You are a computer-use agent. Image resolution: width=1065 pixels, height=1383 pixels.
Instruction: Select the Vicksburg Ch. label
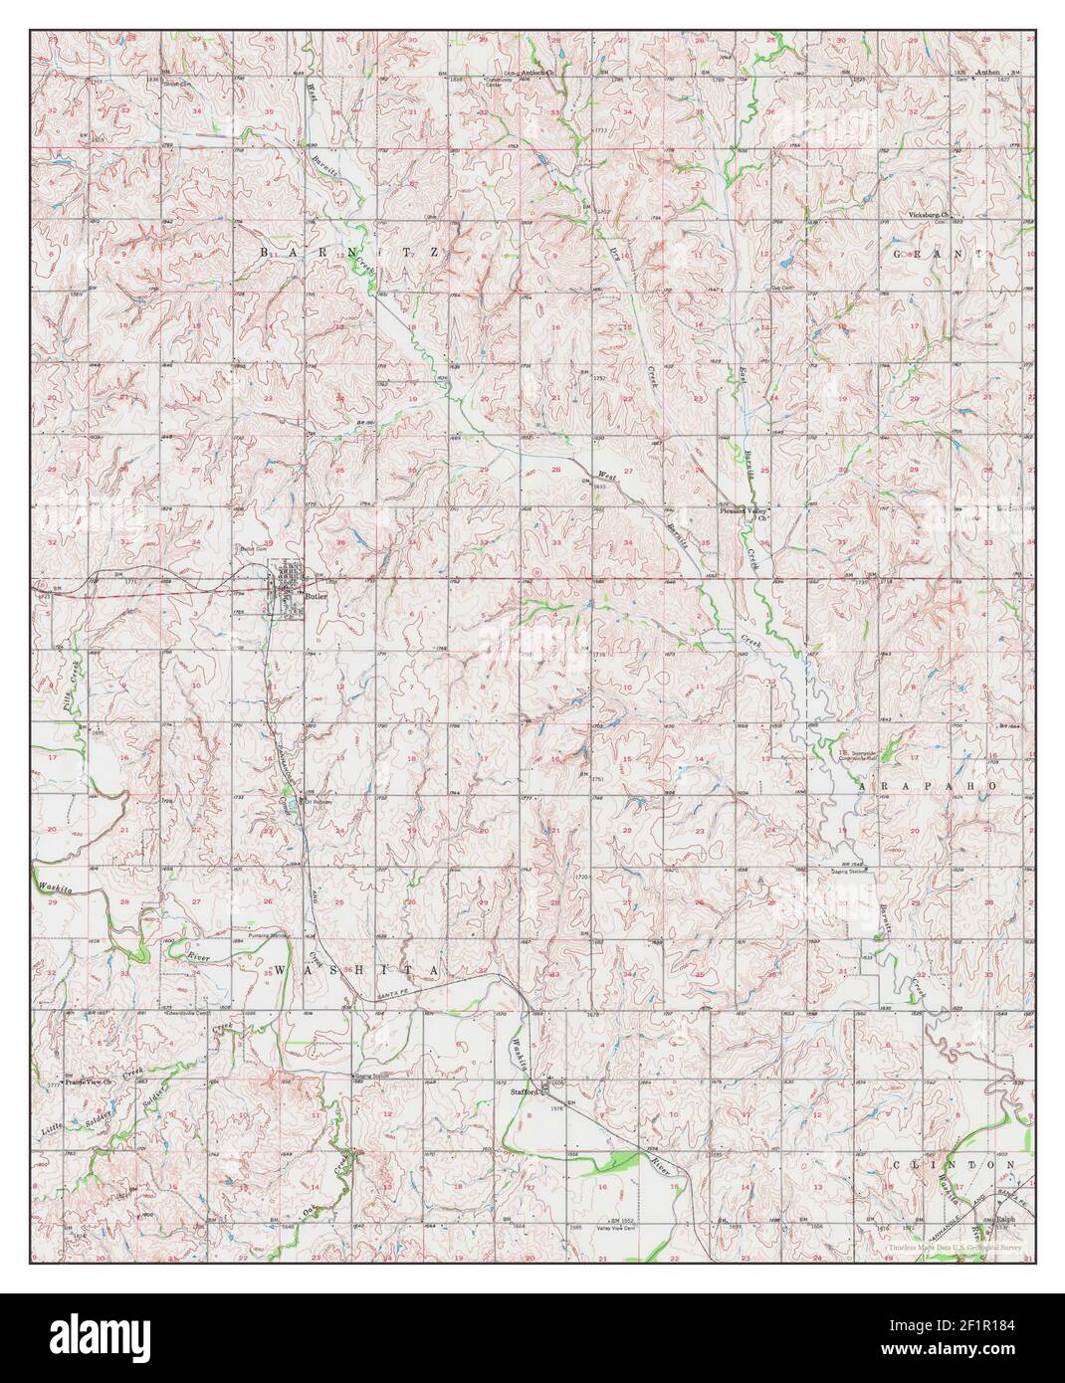931,215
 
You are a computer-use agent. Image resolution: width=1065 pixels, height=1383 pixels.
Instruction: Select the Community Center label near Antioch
497,82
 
